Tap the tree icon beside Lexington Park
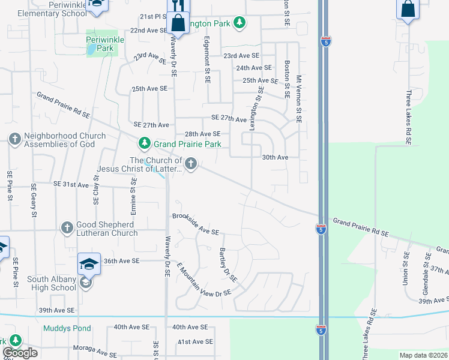(x=240, y=23)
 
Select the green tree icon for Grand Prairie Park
(x=144, y=143)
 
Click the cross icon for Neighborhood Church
(x=15, y=139)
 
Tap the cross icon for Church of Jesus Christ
(x=191, y=163)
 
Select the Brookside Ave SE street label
(x=196, y=224)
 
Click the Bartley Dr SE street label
(x=228, y=266)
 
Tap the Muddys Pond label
(x=67, y=328)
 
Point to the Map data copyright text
(x=423, y=355)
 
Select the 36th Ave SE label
(x=121, y=261)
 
